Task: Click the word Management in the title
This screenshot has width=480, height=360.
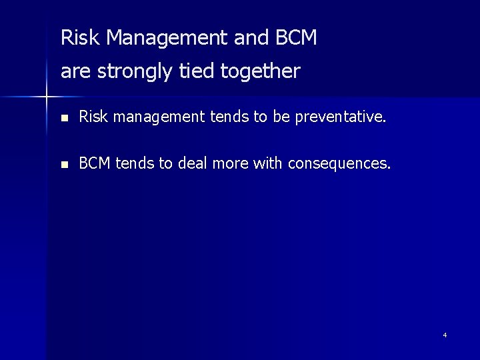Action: tap(167, 38)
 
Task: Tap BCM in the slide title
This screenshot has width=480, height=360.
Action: tap(295, 38)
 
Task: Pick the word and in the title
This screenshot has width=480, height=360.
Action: tap(252, 38)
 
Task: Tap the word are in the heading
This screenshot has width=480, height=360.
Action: tap(76, 71)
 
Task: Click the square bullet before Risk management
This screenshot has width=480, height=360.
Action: tap(63, 119)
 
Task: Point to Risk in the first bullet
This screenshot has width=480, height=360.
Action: tap(92, 118)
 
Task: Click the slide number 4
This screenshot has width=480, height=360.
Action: tap(445, 335)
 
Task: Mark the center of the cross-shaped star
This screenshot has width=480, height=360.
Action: tap(47, 98)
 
